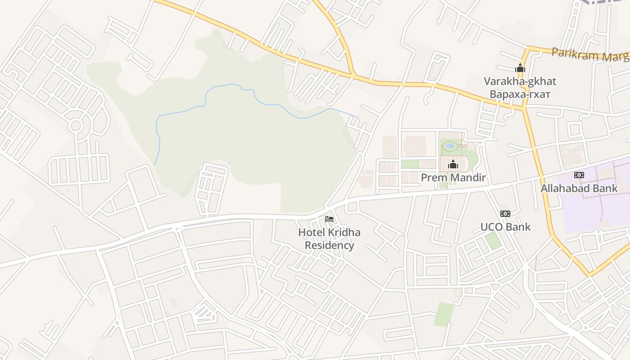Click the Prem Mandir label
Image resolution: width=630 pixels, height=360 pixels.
(453, 178)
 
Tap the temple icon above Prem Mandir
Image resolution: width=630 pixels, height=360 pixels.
(453, 165)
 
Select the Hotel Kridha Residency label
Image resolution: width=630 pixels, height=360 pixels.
(329, 239)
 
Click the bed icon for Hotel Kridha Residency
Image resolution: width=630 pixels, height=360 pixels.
(329, 219)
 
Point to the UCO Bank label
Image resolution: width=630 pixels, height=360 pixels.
(505, 227)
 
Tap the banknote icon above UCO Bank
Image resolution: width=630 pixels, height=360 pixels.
(505, 214)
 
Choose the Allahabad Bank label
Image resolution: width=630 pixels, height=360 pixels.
(579, 188)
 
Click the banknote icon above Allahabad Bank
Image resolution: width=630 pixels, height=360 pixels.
(579, 175)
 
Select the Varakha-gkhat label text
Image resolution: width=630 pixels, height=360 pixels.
(520, 81)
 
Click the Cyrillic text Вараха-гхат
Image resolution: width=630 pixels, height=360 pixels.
(520, 94)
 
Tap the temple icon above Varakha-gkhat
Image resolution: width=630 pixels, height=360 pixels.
(520, 68)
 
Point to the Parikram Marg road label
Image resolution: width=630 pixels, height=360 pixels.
(589, 54)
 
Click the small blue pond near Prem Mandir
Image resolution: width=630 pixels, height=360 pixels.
(450, 146)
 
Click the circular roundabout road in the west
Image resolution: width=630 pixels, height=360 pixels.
(76, 126)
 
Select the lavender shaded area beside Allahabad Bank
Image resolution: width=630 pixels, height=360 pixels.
(594, 211)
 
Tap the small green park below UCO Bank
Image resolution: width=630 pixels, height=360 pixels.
(494, 241)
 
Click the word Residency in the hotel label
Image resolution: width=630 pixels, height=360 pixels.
(329, 246)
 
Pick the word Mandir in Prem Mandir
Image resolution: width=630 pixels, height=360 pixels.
(468, 178)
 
